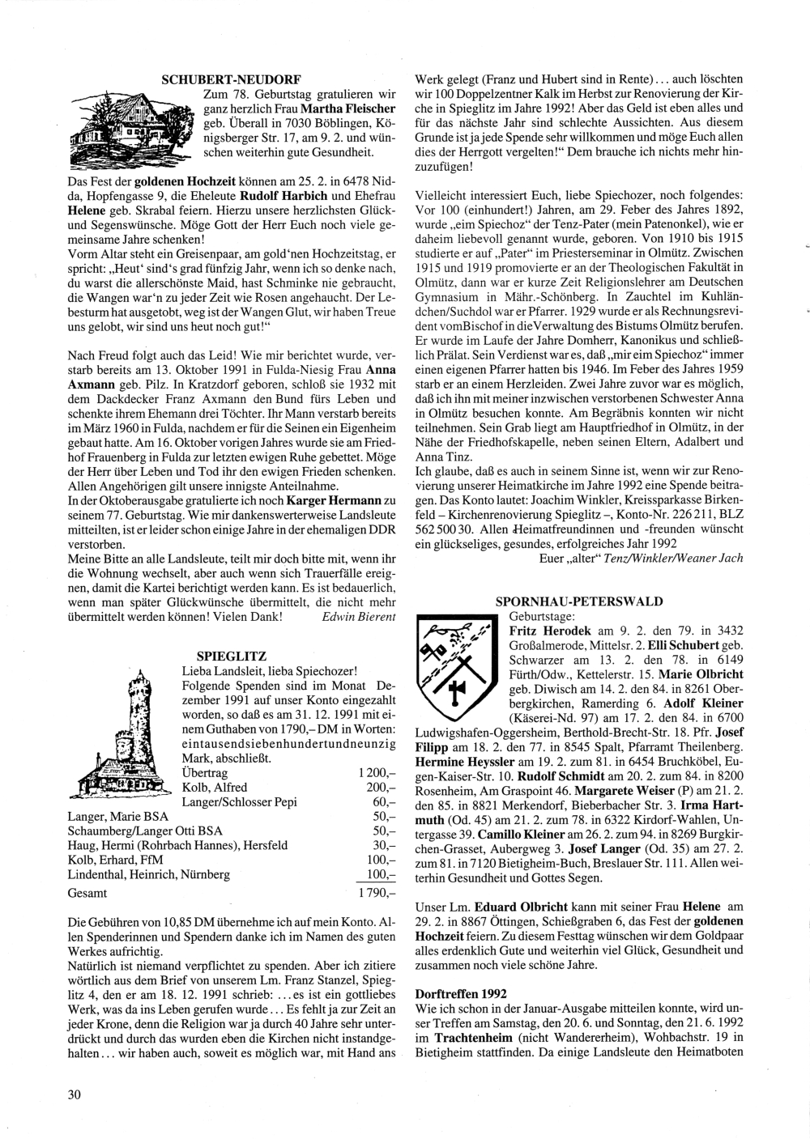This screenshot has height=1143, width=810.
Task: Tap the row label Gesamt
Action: pyautogui.click(x=88, y=894)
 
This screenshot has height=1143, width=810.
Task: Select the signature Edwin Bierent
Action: pyautogui.click(x=358, y=617)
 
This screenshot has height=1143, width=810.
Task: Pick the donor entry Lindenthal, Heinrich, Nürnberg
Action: pyautogui.click(x=149, y=874)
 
